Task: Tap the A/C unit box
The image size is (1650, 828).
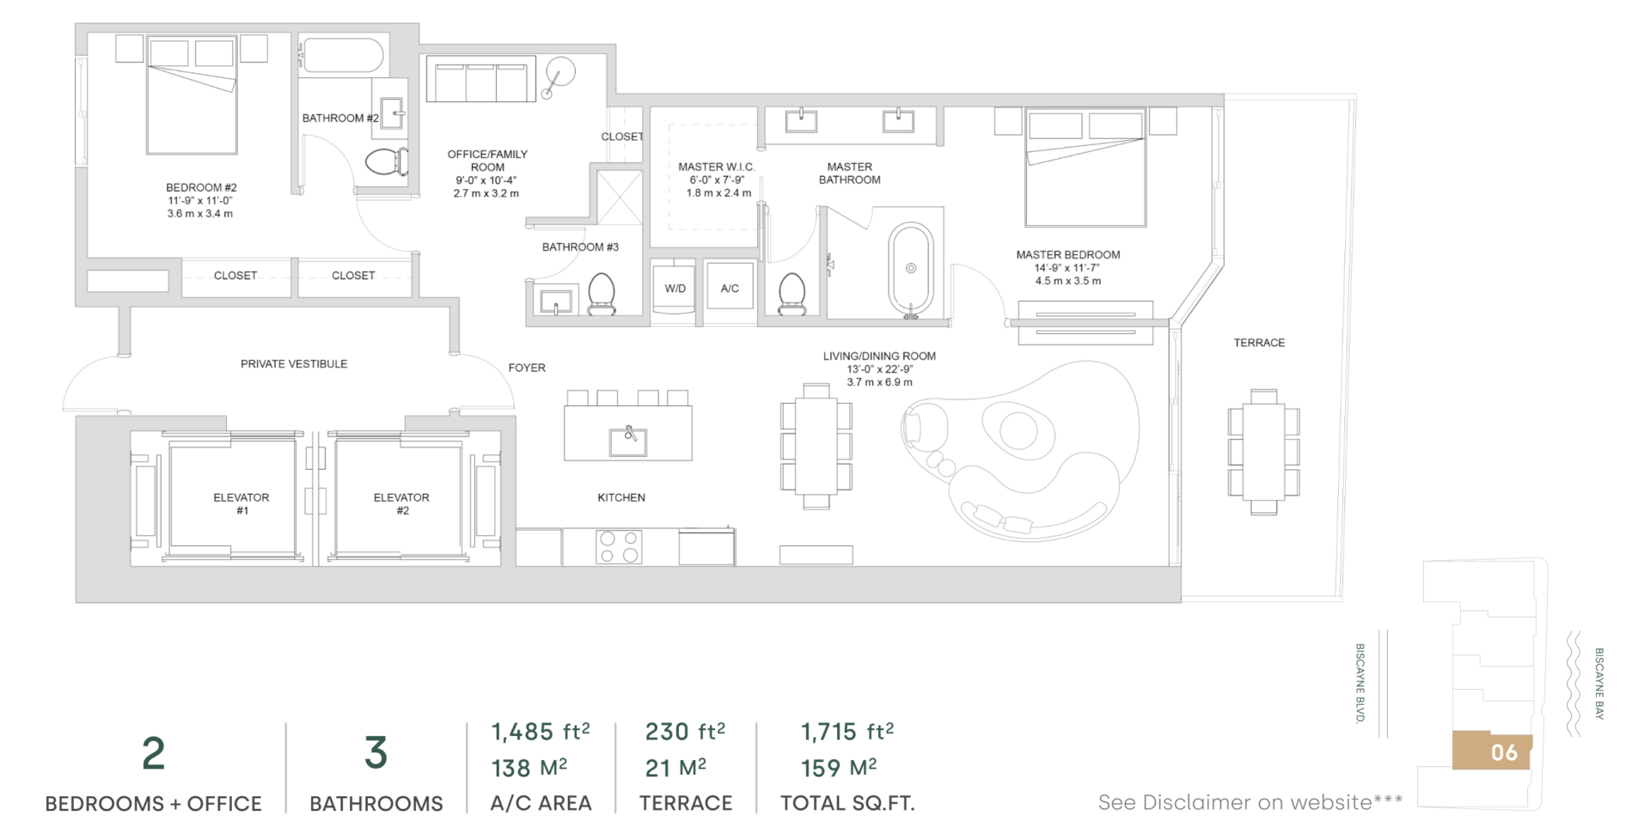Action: (x=730, y=289)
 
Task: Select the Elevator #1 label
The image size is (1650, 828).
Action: (x=241, y=503)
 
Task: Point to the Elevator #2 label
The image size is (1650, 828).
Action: (x=401, y=503)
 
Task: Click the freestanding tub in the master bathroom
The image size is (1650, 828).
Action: (x=910, y=270)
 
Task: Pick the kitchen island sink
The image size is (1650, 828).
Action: (x=628, y=441)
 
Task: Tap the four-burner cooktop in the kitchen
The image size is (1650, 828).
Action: (x=619, y=546)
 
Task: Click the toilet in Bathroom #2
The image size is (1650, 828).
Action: (x=388, y=161)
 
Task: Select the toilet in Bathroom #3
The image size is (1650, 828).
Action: (x=602, y=294)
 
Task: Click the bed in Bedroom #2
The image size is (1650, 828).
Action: (x=191, y=95)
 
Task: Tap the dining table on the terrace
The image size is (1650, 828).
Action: (x=1263, y=452)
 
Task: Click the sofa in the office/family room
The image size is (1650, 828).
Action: (x=480, y=80)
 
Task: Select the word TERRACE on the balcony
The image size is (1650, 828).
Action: (x=1259, y=343)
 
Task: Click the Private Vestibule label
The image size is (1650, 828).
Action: (x=294, y=364)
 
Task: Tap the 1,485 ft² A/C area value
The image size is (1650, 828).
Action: (x=541, y=732)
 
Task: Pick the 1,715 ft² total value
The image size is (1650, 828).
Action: (x=847, y=732)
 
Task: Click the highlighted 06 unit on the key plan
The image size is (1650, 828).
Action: (x=1492, y=752)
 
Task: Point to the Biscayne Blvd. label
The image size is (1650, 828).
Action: (x=1360, y=684)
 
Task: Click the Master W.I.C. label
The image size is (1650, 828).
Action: (x=717, y=167)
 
